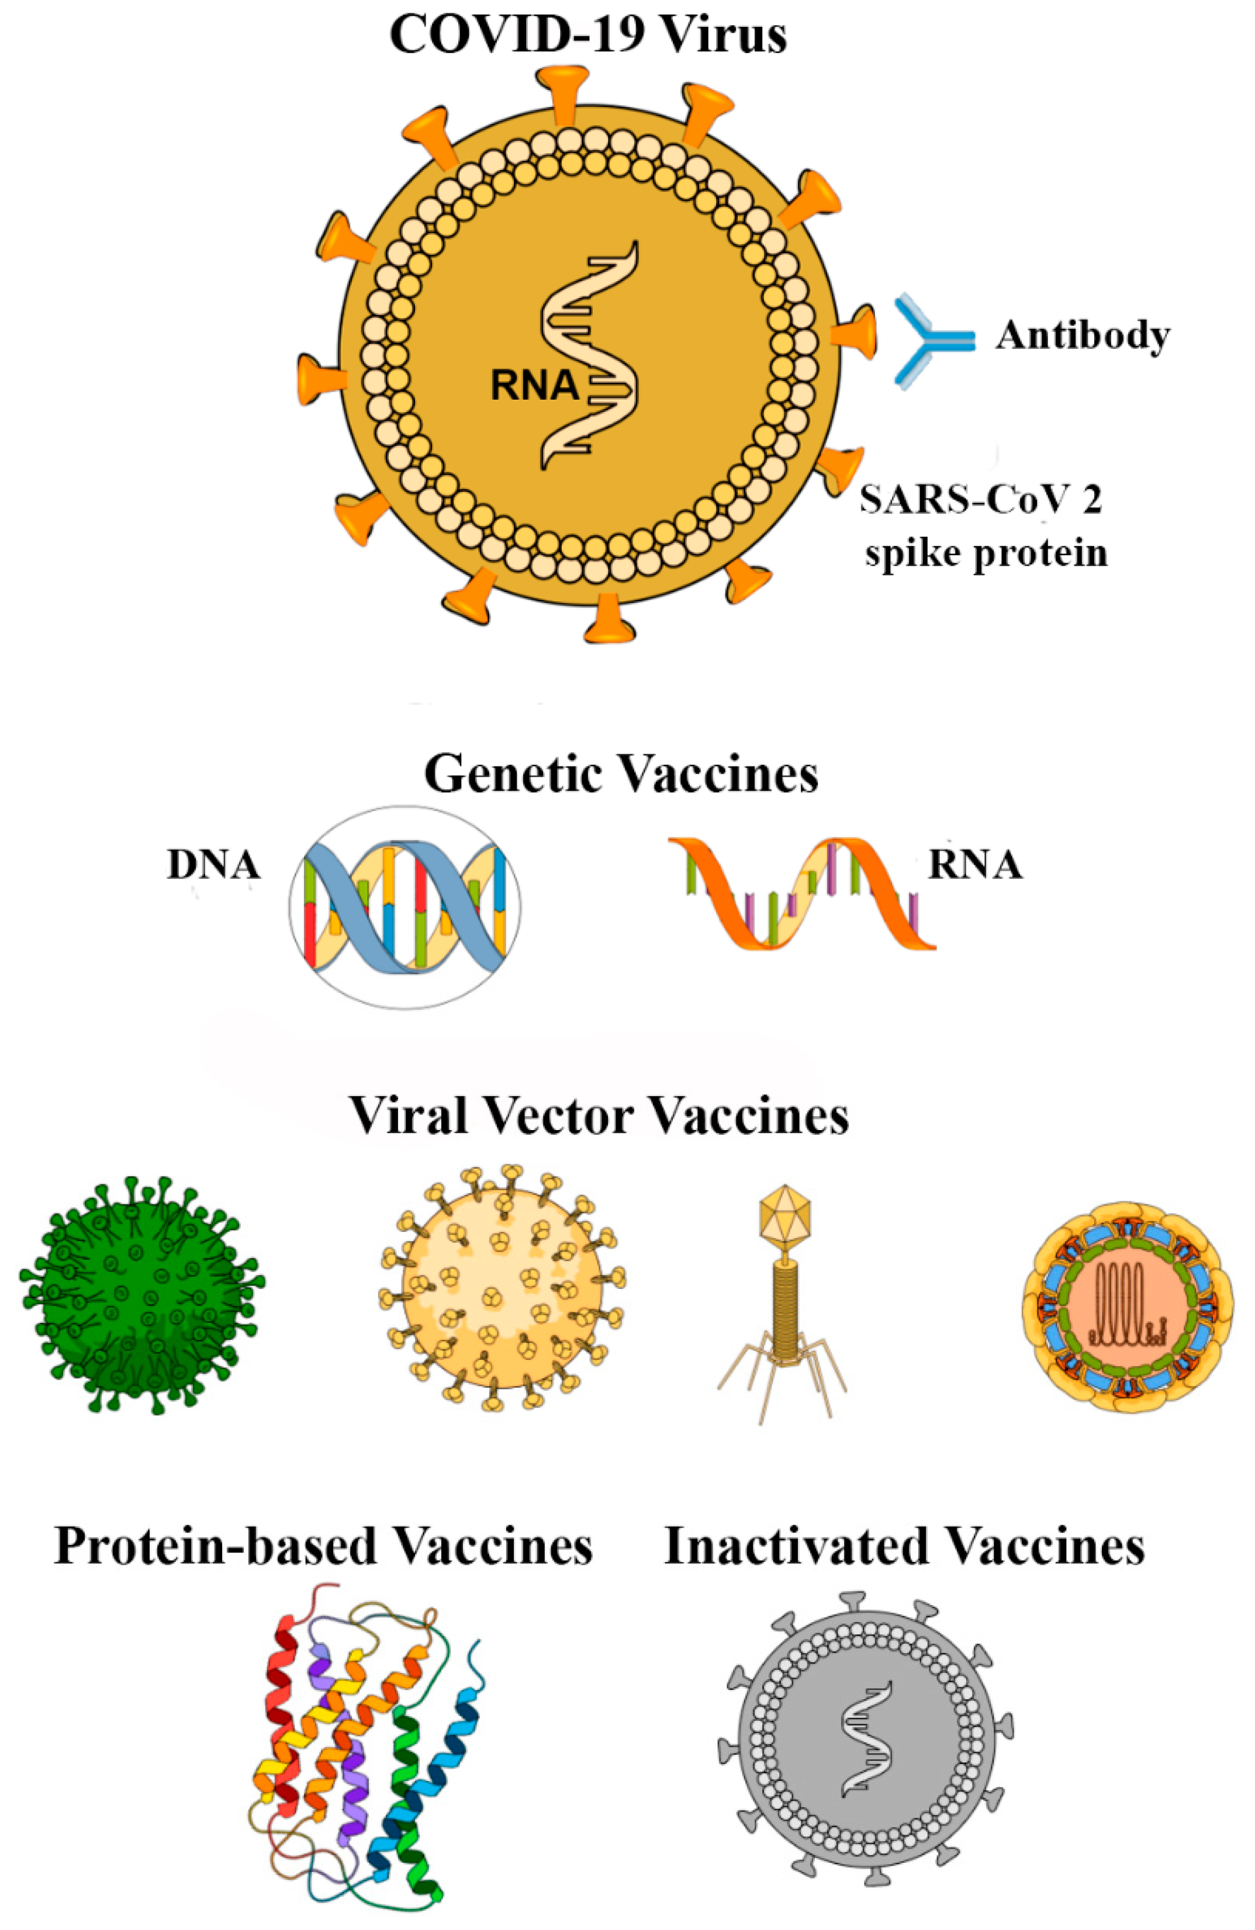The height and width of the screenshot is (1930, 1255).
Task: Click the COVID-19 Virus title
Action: point(588,36)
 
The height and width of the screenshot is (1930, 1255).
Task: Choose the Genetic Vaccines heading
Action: point(621,774)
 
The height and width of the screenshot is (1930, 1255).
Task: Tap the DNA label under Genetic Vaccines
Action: point(213,865)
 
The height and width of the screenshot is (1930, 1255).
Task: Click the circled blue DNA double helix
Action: point(405,907)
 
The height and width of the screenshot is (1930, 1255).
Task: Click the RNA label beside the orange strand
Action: point(975,865)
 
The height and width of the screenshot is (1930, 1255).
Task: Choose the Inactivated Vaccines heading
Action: point(904,1545)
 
